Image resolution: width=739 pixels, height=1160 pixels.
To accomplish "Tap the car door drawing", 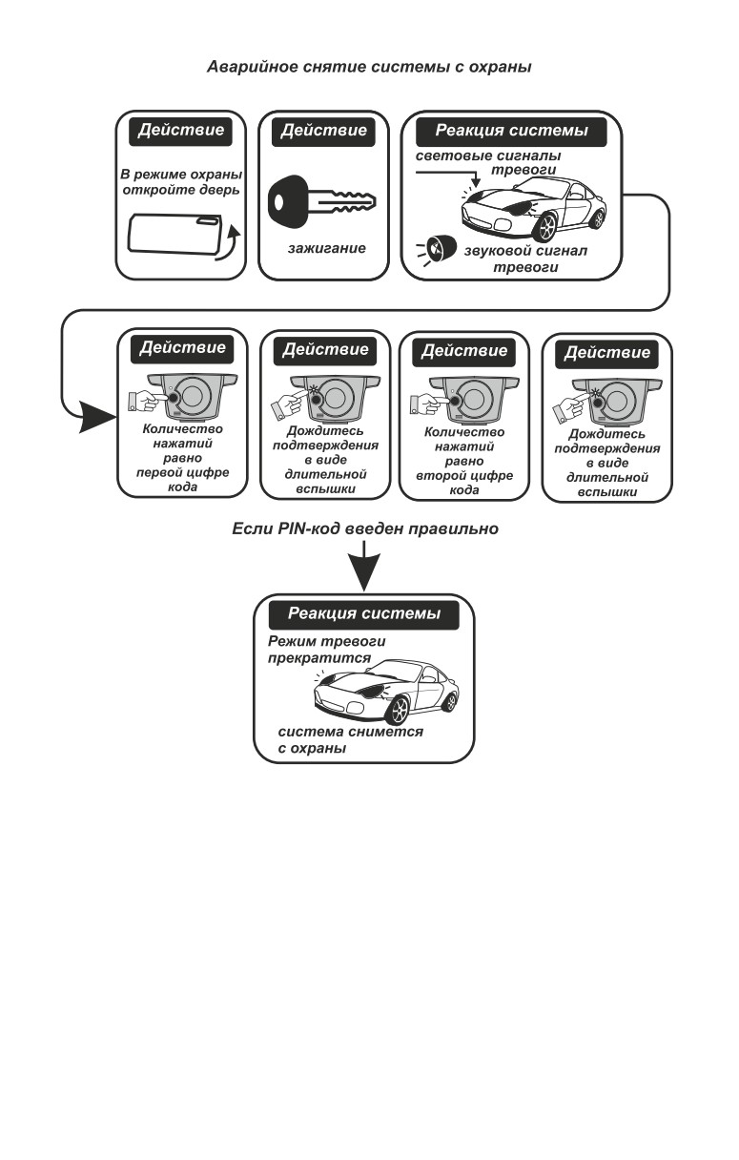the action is tap(174, 234).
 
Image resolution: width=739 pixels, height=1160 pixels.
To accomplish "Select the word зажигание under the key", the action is tap(326, 248).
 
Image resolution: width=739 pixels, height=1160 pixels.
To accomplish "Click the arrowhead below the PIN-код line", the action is tap(364, 572).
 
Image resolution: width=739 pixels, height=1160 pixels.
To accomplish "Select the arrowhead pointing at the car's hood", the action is tap(476, 182).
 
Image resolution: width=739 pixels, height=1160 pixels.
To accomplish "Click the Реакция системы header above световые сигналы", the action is tap(511, 131).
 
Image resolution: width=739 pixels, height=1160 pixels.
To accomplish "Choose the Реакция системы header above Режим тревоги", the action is tap(364, 614).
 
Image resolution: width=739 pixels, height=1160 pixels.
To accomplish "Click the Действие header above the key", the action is tap(323, 131).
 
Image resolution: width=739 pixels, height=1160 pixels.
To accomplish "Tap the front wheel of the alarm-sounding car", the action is tap(545, 227).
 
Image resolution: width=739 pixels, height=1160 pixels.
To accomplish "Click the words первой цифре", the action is tap(182, 473).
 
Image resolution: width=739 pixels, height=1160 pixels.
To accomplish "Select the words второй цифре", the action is tap(464, 476).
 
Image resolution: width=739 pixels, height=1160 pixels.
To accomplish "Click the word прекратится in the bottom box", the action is tap(319, 658).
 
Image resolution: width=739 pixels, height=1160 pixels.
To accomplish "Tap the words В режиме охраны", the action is tap(181, 175).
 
